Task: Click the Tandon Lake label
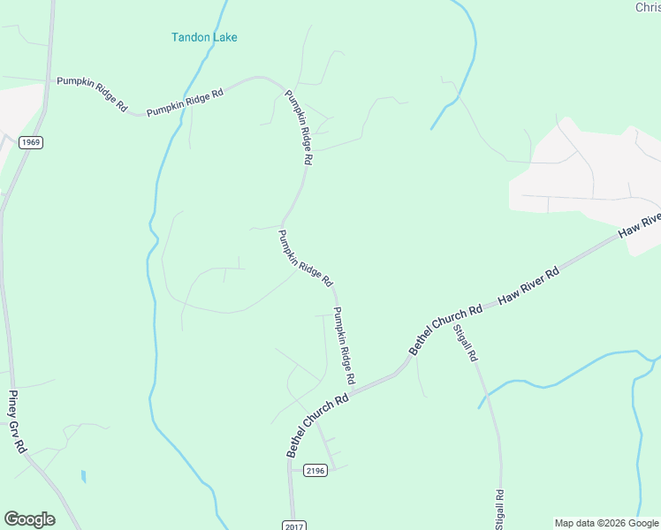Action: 204,37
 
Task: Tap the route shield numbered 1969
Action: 30,141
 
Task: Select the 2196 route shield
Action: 315,470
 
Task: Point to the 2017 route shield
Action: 294,526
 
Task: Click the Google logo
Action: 29,519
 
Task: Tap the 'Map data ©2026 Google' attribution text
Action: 606,522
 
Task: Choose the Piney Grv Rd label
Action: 17,422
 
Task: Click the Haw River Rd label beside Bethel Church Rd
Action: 529,285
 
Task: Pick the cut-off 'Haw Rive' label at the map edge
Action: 640,224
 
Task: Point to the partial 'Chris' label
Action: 647,8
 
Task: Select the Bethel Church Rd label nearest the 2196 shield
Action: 318,424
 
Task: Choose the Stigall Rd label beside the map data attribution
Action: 499,509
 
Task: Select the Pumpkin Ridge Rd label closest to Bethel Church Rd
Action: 344,344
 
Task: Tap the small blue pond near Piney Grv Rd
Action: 83,476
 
